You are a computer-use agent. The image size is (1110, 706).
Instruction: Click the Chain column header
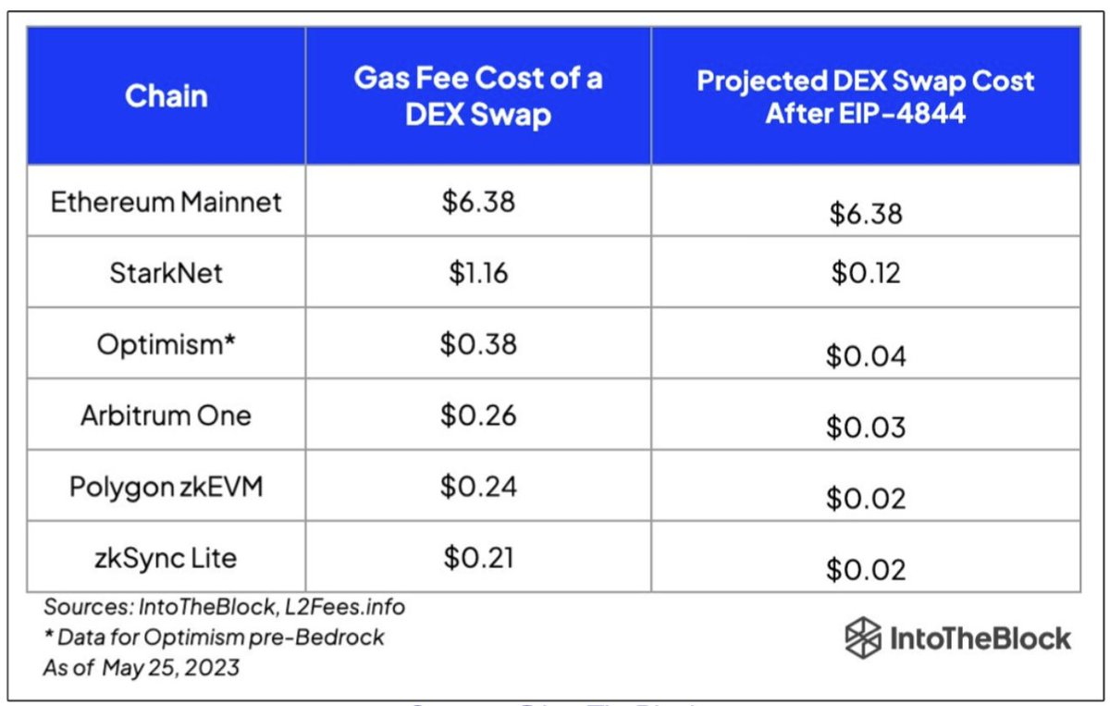click(x=166, y=95)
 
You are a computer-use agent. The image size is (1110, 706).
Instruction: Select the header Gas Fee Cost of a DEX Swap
click(x=478, y=95)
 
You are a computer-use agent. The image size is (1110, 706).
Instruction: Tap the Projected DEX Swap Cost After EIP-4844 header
click(x=865, y=95)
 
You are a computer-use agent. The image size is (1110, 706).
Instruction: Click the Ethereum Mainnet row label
click(x=166, y=202)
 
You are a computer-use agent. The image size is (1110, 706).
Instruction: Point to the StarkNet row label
click(x=166, y=273)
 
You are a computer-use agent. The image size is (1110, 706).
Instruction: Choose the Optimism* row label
click(x=166, y=343)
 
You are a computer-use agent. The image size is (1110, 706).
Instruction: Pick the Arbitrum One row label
click(x=166, y=415)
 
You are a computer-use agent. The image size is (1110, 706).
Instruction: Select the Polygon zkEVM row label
click(x=166, y=486)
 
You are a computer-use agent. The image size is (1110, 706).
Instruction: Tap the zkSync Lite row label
click(x=166, y=558)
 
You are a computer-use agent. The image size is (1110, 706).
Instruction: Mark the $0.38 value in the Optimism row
click(x=478, y=343)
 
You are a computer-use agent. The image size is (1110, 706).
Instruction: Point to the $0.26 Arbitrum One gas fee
click(x=478, y=415)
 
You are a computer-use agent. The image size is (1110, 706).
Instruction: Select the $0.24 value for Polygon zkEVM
click(x=478, y=486)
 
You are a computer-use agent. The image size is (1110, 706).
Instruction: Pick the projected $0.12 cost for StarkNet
click(x=865, y=275)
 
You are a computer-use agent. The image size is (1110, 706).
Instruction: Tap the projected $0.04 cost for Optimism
click(x=865, y=356)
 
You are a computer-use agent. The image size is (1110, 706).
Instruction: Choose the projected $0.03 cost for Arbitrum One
click(x=865, y=427)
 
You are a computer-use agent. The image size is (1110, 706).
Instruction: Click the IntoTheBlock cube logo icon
click(x=862, y=638)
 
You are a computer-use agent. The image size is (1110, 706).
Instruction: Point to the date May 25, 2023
click(x=171, y=666)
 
